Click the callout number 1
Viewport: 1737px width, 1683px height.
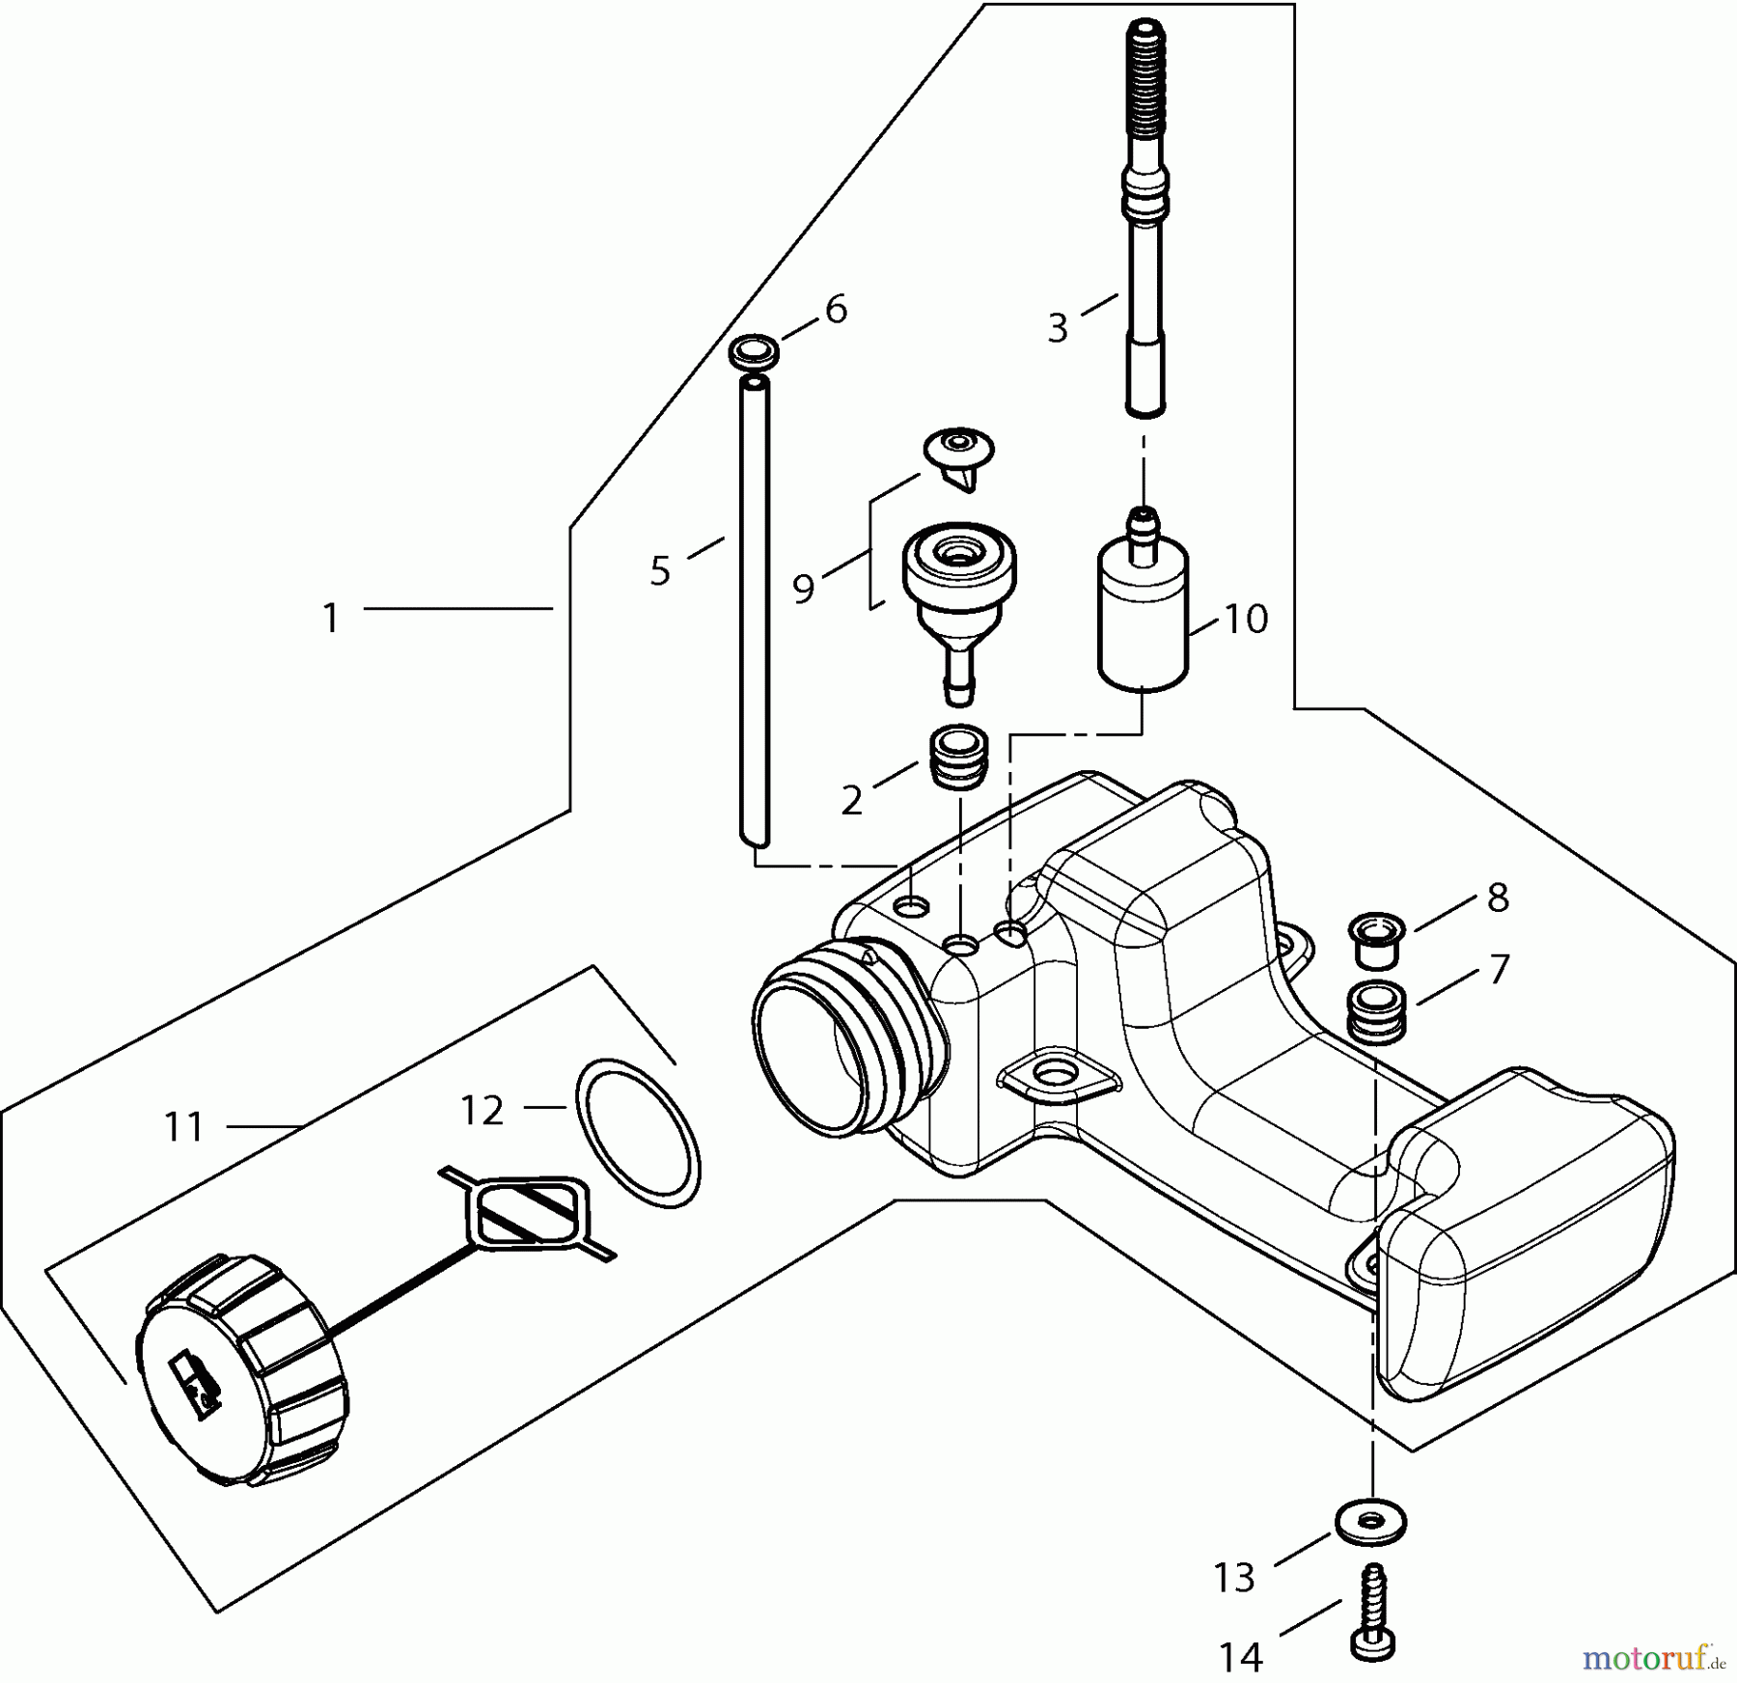coord(331,619)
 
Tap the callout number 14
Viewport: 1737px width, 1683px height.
coord(1240,1658)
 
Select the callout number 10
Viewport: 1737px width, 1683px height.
coord(1245,620)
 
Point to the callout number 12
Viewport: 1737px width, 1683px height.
coord(482,1111)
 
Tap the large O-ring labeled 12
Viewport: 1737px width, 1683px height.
coord(638,1133)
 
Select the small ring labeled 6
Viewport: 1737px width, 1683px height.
coord(755,351)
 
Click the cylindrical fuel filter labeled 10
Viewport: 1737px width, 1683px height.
coord(1144,618)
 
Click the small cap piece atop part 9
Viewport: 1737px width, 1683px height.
coord(959,455)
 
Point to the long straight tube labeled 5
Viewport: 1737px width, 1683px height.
coord(754,618)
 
